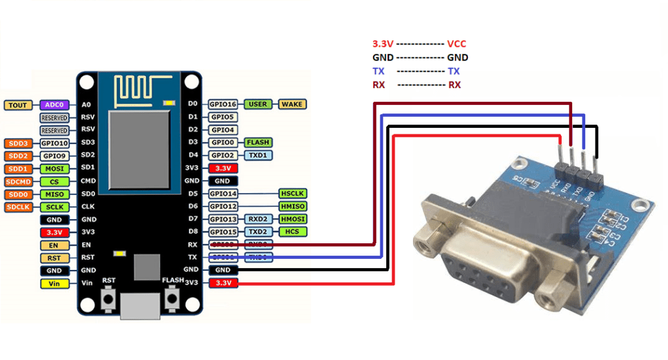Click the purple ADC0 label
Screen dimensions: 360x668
[51, 105]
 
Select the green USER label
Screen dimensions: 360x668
[258, 104]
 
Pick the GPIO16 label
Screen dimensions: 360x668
[223, 104]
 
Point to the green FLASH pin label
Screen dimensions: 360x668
[258, 142]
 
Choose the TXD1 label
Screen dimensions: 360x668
[258, 155]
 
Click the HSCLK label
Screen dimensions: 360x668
[292, 194]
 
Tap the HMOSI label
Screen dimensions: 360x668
[292, 219]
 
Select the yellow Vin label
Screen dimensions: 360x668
[55, 284]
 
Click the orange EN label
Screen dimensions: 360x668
[55, 245]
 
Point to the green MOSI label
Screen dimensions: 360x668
[55, 168]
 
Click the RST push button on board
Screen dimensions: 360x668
[108, 299]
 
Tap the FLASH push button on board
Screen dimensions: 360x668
[172, 299]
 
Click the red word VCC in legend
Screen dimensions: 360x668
[457, 44]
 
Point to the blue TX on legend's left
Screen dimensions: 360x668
[378, 71]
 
